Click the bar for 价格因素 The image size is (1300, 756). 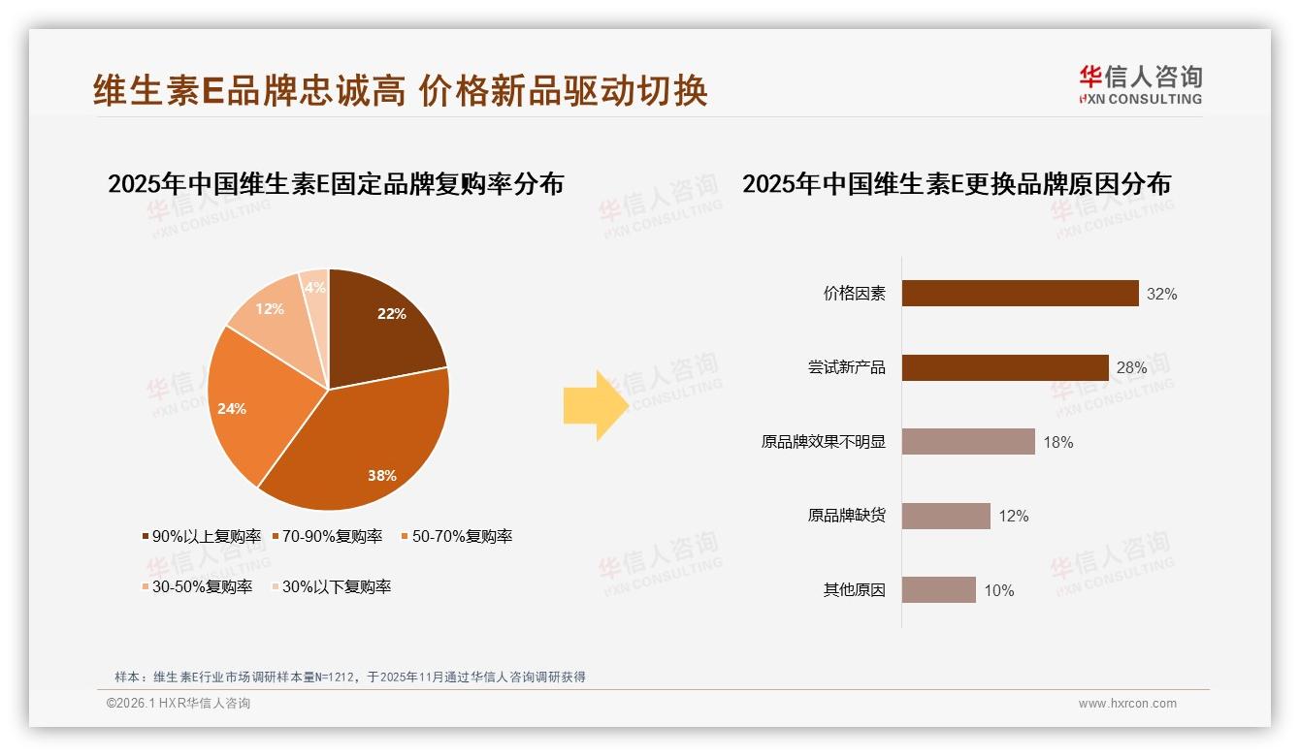pos(1020,294)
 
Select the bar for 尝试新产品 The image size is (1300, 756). pos(1005,368)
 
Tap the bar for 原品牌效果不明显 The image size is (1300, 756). pos(968,442)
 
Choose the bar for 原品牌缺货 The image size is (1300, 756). pos(946,516)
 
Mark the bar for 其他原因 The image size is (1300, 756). pos(938,590)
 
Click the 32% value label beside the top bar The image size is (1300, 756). pos(1161,295)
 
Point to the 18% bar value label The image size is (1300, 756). pos(1057,443)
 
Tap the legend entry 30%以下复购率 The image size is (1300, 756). pos(330,587)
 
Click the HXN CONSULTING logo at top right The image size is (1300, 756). pos(1141,85)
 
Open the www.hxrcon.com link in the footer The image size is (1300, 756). pos(1127,704)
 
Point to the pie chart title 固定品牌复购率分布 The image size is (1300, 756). pos(336,184)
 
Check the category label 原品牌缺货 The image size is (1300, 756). pos(846,516)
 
